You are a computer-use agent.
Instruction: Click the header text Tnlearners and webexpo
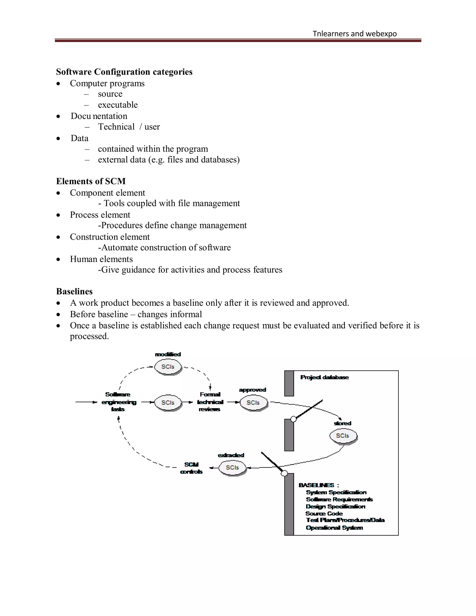click(354, 34)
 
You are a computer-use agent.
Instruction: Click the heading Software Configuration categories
click(124, 72)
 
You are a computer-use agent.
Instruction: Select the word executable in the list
click(118, 105)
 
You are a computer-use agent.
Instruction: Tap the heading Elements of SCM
click(91, 181)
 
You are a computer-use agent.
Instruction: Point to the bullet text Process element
click(100, 215)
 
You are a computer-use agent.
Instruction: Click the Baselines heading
click(74, 291)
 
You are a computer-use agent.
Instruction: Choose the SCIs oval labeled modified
click(168, 367)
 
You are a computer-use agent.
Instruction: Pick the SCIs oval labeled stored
click(343, 436)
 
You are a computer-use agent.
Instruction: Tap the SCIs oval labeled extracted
click(232, 468)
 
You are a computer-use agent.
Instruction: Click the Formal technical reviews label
click(210, 402)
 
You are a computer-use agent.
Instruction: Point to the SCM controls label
click(192, 468)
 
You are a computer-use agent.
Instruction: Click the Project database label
click(324, 377)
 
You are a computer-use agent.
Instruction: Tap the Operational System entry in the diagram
click(334, 528)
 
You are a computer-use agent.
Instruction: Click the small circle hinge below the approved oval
click(294, 419)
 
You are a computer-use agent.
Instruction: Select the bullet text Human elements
click(101, 259)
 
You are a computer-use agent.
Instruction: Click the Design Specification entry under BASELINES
click(335, 507)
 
